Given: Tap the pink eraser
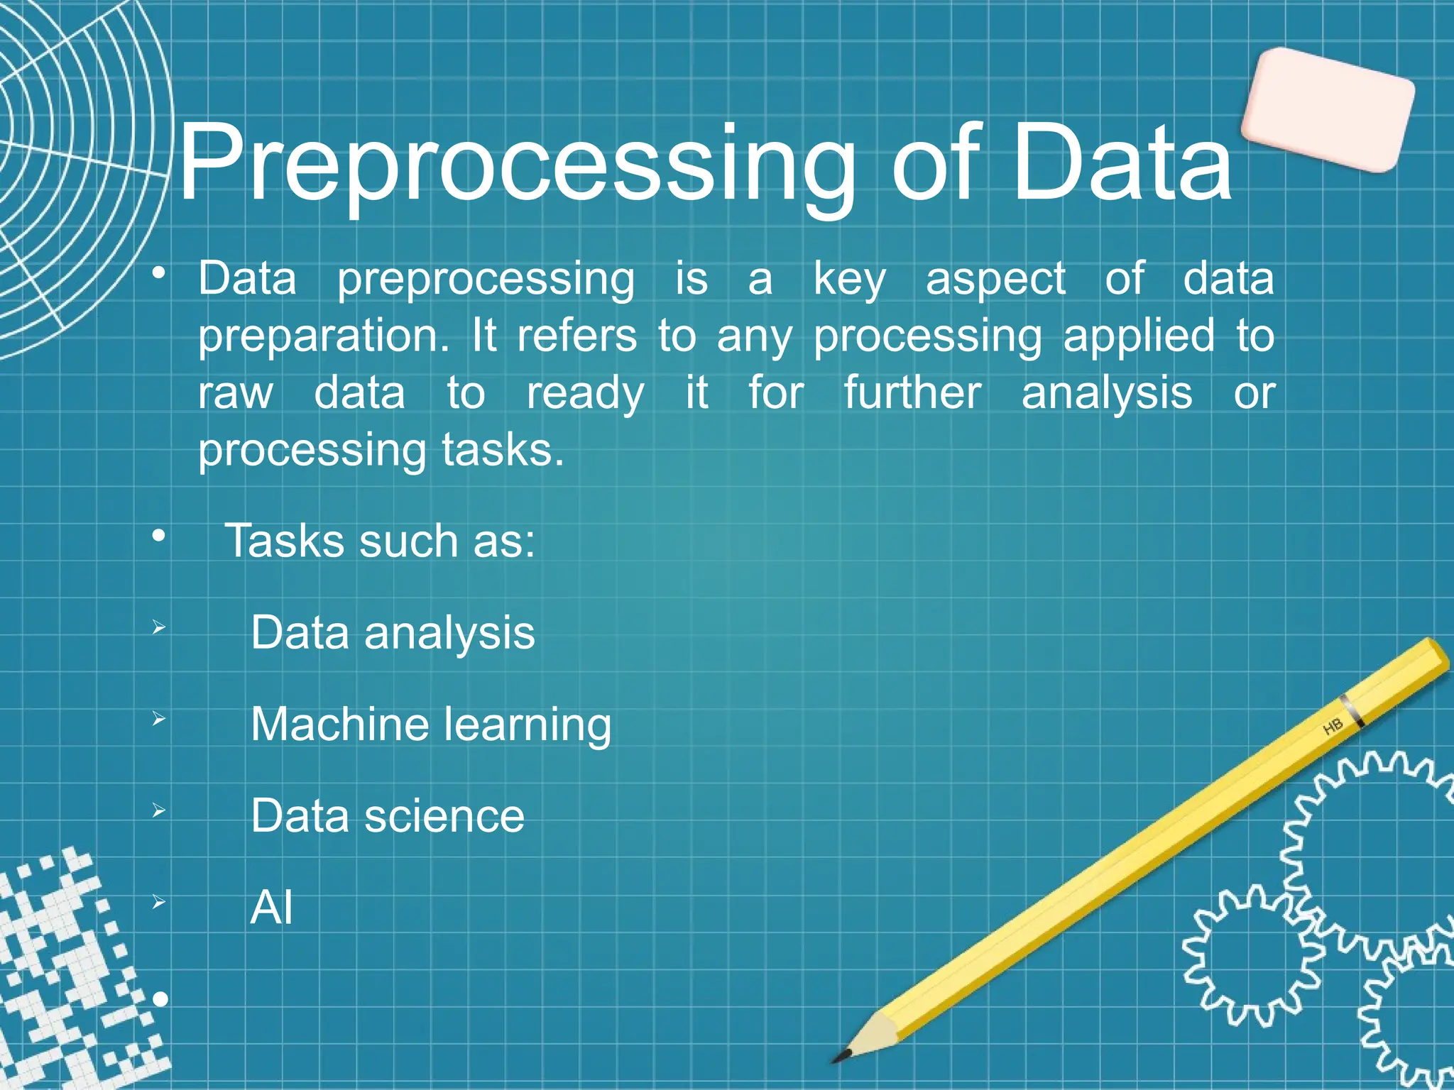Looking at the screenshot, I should pyautogui.click(x=1327, y=110).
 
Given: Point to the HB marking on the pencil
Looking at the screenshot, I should pyautogui.click(x=1333, y=727).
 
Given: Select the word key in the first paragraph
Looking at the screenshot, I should pyautogui.click(x=849, y=280).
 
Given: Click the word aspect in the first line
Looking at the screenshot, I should pyautogui.click(x=995, y=280).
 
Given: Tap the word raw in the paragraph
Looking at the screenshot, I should pyautogui.click(x=235, y=393).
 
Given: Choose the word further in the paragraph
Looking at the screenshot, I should pyautogui.click(x=912, y=393).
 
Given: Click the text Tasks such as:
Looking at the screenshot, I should pyautogui.click(x=379, y=541).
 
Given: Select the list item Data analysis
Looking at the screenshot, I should pyautogui.click(x=392, y=633).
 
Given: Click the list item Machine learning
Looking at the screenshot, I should pyautogui.click(x=430, y=725).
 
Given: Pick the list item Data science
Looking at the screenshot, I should pyautogui.click(x=387, y=816).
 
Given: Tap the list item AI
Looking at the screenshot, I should pyautogui.click(x=271, y=908).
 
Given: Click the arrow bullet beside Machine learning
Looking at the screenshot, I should pyautogui.click(x=158, y=720).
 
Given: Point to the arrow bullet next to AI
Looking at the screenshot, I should pyautogui.click(x=158, y=903).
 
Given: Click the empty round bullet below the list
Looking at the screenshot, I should pyautogui.click(x=160, y=1000).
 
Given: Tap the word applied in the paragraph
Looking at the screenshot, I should pyautogui.click(x=1138, y=336).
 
